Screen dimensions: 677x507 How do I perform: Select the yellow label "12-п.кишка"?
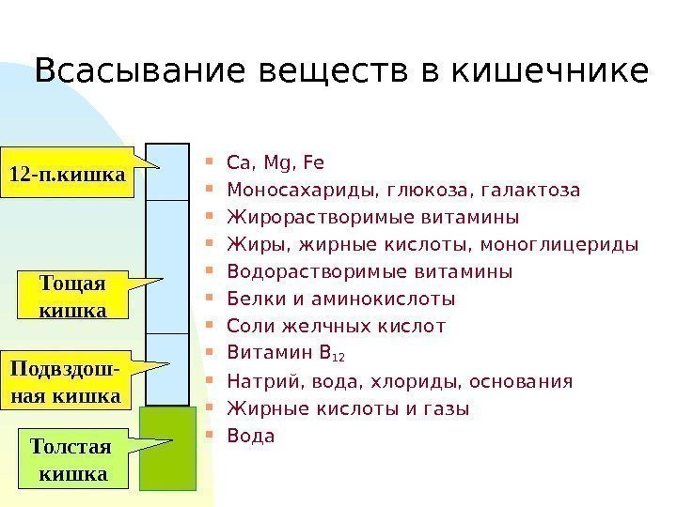68,174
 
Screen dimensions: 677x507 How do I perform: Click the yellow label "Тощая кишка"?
72,295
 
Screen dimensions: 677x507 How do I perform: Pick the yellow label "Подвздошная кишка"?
65,382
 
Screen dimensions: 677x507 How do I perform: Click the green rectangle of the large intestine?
167,448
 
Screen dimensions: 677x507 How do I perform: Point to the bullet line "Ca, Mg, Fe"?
275,163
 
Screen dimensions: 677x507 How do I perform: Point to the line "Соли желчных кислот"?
336,327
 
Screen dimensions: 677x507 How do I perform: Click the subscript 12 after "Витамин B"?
340,358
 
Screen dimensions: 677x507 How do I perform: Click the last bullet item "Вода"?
250,436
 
